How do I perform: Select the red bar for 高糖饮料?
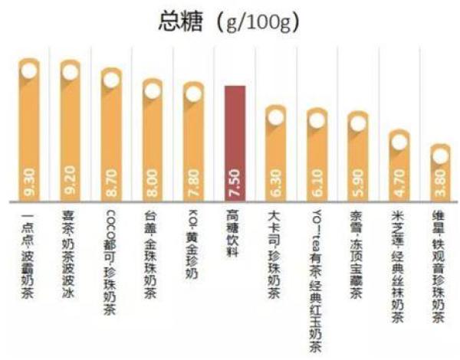pyautogui.click(x=235, y=142)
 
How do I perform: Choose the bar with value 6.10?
pyautogui.click(x=317, y=157)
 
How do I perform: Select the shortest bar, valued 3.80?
pyautogui.click(x=440, y=175)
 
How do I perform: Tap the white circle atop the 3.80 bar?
pyautogui.click(x=440, y=156)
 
